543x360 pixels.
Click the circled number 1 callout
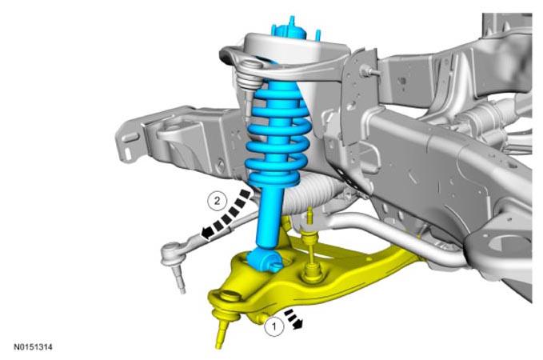pyautogui.click(x=274, y=326)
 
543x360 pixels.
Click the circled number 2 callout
pyautogui.click(x=217, y=201)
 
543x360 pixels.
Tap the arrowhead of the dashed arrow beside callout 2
pyautogui.click(x=207, y=233)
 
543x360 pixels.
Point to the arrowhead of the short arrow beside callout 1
pyautogui.click(x=297, y=324)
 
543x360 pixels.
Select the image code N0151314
pyautogui.click(x=34, y=347)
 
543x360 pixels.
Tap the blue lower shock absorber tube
pyautogui.click(x=269, y=218)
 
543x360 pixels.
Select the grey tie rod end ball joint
pyautogui.click(x=170, y=252)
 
